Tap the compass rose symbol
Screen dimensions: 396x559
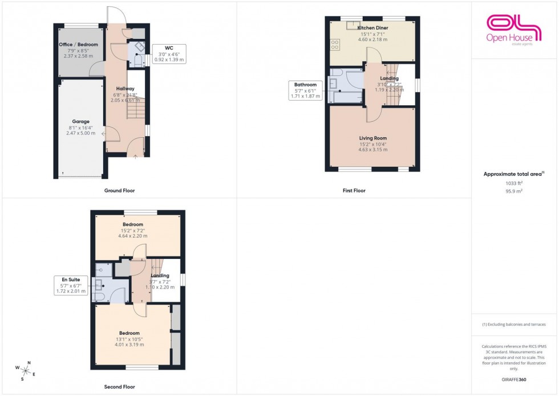[25, 370]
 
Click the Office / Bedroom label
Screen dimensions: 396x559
[78, 45]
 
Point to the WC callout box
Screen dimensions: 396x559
[168, 53]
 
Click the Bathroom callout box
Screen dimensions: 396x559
[305, 90]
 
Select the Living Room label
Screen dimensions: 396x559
[372, 138]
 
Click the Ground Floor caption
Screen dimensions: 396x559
[119, 190]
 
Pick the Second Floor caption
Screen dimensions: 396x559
[120, 387]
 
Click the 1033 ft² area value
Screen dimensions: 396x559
[514, 183]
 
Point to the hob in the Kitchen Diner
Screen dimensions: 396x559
[335, 42]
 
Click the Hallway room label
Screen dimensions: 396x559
[125, 89]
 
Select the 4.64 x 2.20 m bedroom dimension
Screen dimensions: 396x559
[132, 235]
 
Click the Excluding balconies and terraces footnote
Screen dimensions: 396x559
[514, 324]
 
